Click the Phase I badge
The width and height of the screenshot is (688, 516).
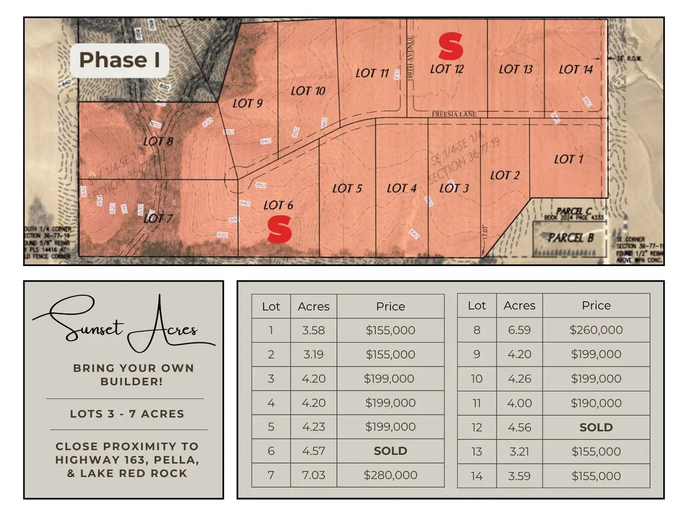tap(119, 60)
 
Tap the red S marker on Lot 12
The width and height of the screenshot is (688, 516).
tap(451, 46)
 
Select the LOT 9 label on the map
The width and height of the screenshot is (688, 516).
tap(248, 103)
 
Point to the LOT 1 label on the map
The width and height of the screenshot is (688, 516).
tap(568, 159)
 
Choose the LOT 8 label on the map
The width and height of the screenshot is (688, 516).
tap(158, 141)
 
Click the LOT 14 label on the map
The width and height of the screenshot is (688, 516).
tap(575, 69)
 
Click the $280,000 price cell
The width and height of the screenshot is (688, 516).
tap(390, 475)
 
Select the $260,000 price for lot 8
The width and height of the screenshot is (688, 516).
tap(596, 330)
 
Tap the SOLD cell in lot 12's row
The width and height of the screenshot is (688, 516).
tap(596, 427)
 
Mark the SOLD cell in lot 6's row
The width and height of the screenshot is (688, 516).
tap(390, 451)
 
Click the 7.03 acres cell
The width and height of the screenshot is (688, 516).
tap(314, 475)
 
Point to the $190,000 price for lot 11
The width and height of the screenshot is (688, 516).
tap(596, 403)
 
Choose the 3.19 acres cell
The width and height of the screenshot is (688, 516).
tap(314, 354)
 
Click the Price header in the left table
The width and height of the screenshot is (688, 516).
tap(390, 306)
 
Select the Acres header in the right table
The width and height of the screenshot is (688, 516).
tap(519, 306)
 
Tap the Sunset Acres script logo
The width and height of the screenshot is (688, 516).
tap(123, 327)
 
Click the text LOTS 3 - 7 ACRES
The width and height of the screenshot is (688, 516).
tap(127, 413)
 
